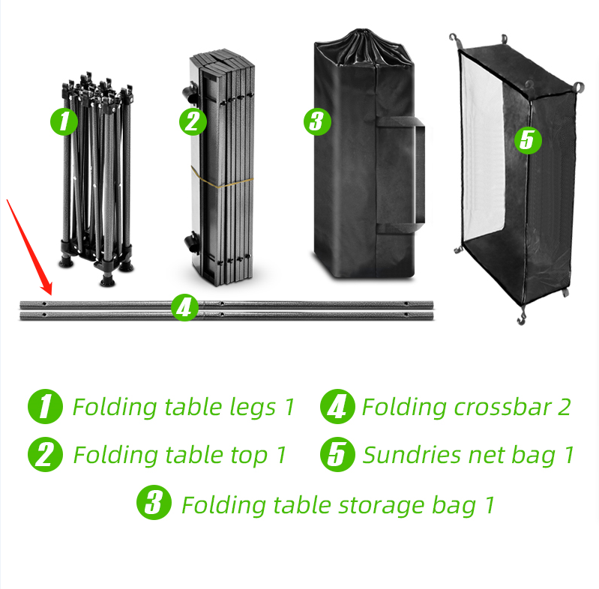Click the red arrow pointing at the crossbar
click(x=29, y=247)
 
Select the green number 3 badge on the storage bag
click(x=318, y=121)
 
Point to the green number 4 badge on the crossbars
click(x=184, y=307)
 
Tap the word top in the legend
click(x=248, y=455)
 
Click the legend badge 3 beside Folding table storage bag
click(x=154, y=504)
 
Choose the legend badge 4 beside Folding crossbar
click(x=337, y=407)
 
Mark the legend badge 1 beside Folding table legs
click(x=46, y=407)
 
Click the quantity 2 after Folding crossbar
click(x=563, y=407)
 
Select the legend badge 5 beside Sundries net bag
click(x=337, y=455)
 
